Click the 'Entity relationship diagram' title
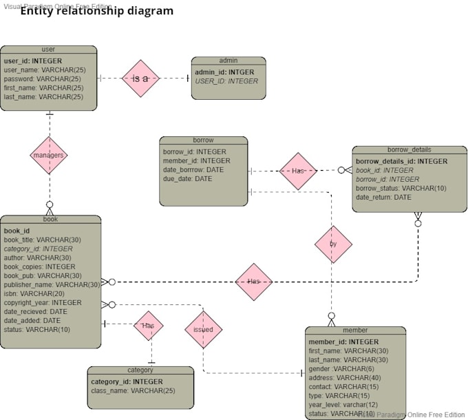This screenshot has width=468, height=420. pyautogui.click(x=96, y=12)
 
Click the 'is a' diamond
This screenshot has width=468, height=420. pyautogui.click(x=140, y=78)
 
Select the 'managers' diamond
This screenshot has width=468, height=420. pyautogui.click(x=49, y=156)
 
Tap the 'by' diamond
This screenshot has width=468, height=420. pyautogui.click(x=334, y=244)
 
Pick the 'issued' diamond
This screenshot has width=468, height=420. pyautogui.click(x=203, y=329)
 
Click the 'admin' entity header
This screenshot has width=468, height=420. pyautogui.click(x=228, y=61)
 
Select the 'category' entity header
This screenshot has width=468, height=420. pyautogui.click(x=140, y=370)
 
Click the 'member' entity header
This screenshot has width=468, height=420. pyautogui.click(x=355, y=330)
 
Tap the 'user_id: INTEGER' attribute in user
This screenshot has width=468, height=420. pyautogui.click(x=33, y=61)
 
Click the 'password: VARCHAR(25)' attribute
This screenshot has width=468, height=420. pyautogui.click(x=43, y=78)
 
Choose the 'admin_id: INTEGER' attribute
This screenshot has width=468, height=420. pyautogui.click(x=224, y=72)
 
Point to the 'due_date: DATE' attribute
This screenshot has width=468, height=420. pyautogui.click(x=188, y=178)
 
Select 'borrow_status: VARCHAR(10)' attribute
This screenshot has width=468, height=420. pyautogui.click(x=401, y=188)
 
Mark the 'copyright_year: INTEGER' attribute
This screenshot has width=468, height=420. pyautogui.click(x=43, y=302)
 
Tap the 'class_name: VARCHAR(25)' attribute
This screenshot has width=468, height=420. pyautogui.click(x=133, y=390)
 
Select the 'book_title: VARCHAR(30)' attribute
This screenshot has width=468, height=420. pyautogui.click(x=43, y=240)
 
